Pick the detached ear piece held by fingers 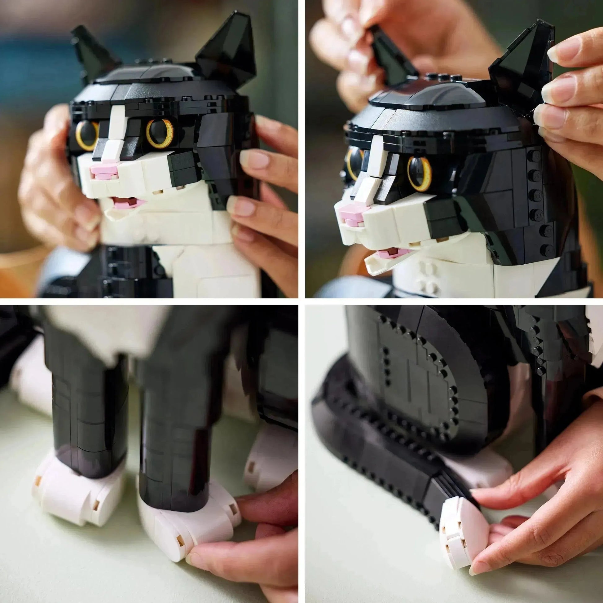point(390,56)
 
